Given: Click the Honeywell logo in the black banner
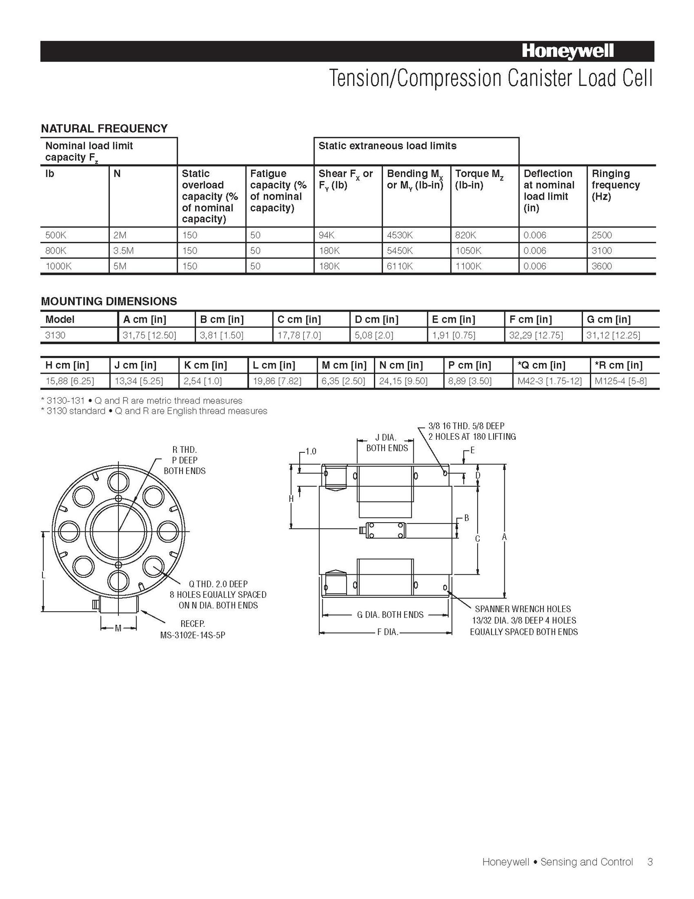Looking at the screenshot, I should [x=567, y=52].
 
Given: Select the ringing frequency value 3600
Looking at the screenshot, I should [x=602, y=266].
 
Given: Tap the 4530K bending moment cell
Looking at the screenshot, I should [x=400, y=235].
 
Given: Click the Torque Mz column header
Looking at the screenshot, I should [x=479, y=179].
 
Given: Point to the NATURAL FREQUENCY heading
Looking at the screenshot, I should [x=104, y=128].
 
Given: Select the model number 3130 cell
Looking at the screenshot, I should [x=56, y=335].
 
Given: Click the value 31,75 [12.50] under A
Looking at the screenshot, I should [x=149, y=335].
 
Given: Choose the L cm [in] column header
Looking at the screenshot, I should [x=274, y=365].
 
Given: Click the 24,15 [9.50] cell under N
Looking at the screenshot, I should [x=403, y=381].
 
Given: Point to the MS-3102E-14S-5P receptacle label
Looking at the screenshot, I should [x=193, y=635].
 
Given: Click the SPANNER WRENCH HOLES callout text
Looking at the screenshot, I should [x=523, y=609].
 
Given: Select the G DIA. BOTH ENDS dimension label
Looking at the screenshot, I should [x=390, y=615].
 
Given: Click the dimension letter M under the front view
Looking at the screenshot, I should [x=118, y=628].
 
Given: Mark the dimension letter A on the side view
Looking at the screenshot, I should [x=504, y=537].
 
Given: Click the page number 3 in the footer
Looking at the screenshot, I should [x=650, y=862].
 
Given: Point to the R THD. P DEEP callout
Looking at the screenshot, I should [x=184, y=460].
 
